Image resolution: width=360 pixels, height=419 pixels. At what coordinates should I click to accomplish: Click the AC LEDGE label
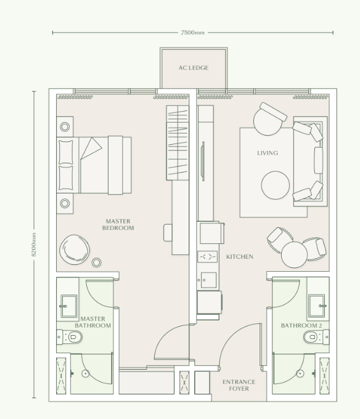193,68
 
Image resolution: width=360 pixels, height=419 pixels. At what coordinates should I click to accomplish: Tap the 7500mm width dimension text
192,32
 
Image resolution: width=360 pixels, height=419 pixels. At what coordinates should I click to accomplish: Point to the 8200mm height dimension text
35,245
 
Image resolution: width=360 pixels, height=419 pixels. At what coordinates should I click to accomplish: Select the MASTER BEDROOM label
118,224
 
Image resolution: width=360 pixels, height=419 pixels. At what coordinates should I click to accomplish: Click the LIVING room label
267,153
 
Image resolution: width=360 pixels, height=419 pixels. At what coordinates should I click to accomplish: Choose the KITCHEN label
239,256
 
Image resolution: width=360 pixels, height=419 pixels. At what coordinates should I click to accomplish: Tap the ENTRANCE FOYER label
239,385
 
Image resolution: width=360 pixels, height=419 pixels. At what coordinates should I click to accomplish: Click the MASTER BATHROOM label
92,322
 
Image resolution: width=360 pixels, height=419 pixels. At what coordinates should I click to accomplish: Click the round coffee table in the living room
276,185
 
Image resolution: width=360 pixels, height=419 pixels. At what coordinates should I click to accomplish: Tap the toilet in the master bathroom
72,336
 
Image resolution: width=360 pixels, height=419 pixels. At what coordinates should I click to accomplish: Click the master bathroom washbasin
68,305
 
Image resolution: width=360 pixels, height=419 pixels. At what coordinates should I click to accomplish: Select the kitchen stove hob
207,256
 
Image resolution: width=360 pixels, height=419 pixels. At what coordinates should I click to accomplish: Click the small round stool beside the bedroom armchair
96,263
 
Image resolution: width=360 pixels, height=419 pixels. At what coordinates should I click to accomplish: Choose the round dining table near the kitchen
294,253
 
